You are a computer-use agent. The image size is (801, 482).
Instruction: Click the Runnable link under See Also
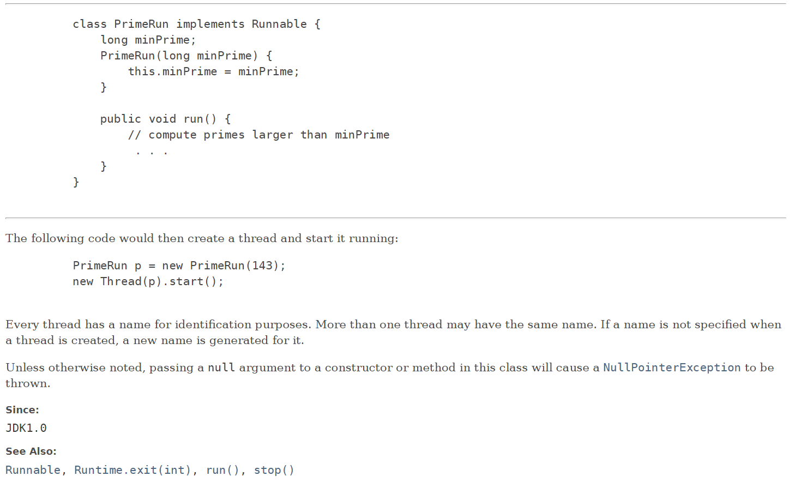pyautogui.click(x=33, y=470)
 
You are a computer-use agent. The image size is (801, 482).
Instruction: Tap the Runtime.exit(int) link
pyautogui.click(x=133, y=470)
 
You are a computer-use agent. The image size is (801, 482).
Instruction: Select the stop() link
pyautogui.click(x=274, y=470)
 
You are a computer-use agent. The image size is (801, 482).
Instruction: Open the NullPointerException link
pyautogui.click(x=672, y=367)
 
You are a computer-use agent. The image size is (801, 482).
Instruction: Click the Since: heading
pyautogui.click(x=22, y=410)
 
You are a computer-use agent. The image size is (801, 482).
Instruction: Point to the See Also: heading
pyautogui.click(x=31, y=451)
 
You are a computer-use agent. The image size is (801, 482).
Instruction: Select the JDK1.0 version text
pyautogui.click(x=26, y=428)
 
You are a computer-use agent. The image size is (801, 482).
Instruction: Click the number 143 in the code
pyautogui.click(x=262, y=266)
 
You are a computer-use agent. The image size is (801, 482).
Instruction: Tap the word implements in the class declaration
pyautogui.click(x=210, y=24)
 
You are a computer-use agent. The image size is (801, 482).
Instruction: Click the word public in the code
pyautogui.click(x=121, y=119)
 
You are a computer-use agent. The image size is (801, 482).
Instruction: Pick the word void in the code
pyautogui.click(x=162, y=119)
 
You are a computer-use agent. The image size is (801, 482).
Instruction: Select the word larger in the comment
pyautogui.click(x=273, y=135)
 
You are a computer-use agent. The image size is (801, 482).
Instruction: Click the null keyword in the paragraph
pyautogui.click(x=221, y=367)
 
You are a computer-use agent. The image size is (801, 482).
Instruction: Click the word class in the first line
pyautogui.click(x=89, y=24)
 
